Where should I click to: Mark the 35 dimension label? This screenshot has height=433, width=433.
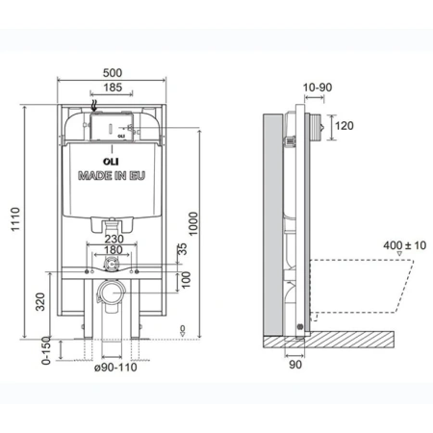tap(181, 252)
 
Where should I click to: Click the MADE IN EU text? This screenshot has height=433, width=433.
tap(115, 178)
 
